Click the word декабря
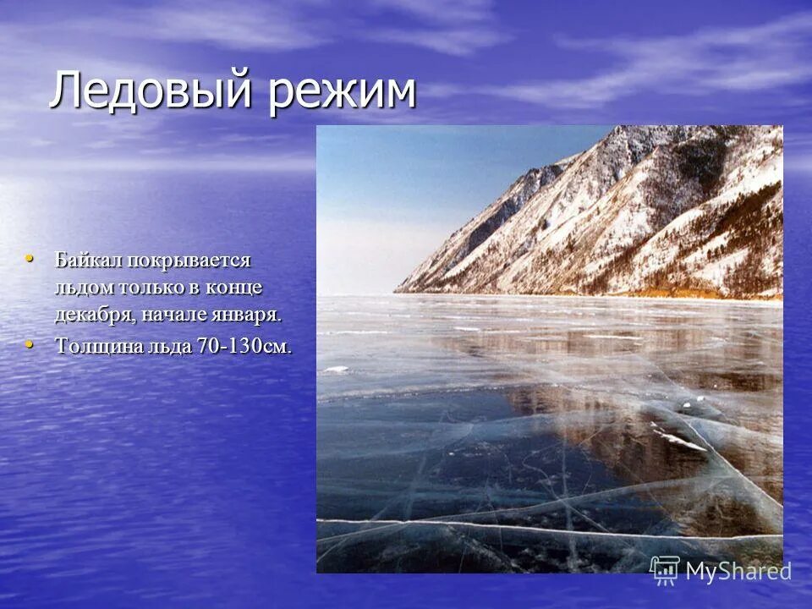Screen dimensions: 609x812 [91, 315]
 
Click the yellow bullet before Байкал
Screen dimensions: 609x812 [30, 257]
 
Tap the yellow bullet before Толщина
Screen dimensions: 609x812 [30, 343]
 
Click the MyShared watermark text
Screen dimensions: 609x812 [738, 571]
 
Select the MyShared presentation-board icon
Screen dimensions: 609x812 [665, 570]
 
